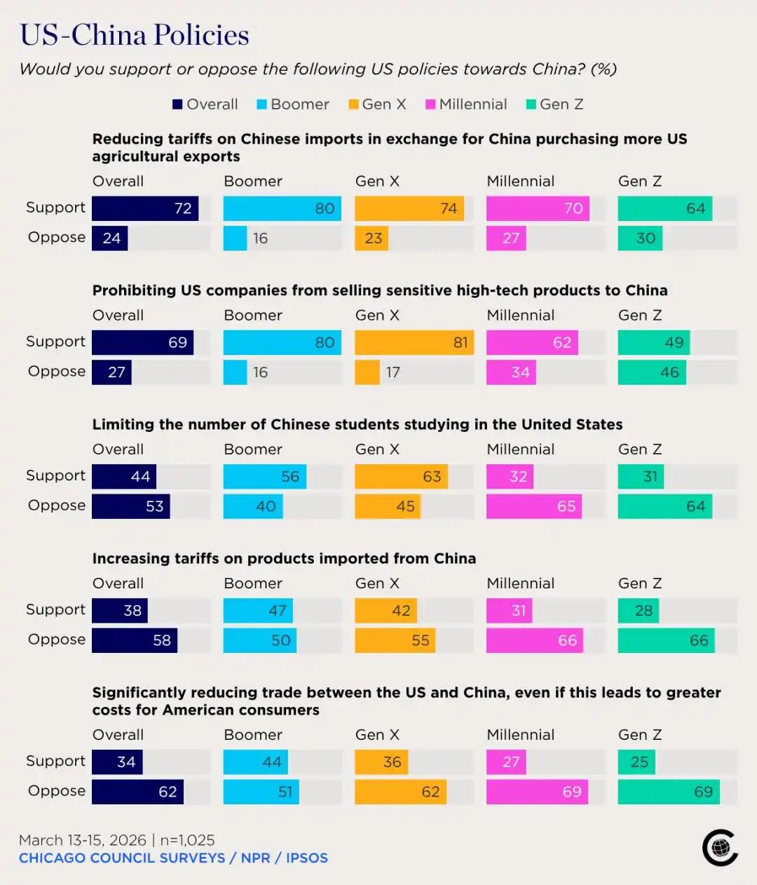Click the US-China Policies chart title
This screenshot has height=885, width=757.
coord(134,34)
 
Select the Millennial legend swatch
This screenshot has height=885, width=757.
coord(430,104)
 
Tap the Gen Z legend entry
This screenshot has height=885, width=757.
coord(554,104)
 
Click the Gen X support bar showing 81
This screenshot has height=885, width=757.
coord(414,342)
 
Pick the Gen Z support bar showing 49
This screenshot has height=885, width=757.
coord(654,342)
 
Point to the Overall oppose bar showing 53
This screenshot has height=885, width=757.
coord(131,506)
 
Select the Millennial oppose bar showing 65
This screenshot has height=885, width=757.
coord(534,506)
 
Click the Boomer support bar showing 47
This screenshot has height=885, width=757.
coord(258,611)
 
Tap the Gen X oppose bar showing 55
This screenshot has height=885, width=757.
coord(395,640)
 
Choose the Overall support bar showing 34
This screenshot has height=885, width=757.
coord(117,762)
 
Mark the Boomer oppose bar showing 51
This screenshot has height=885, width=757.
coord(261,792)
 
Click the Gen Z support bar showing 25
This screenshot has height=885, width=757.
coord(636,762)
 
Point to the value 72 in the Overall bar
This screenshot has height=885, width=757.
coord(183,208)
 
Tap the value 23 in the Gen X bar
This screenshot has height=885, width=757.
coord(373,238)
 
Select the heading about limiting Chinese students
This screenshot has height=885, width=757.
coord(357,424)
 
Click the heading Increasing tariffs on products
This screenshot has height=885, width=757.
coord(284,558)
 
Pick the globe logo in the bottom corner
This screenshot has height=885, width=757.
coord(720,847)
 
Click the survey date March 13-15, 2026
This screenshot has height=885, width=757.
coord(83,840)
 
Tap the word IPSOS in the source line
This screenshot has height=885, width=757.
coord(307,858)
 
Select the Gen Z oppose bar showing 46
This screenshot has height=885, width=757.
coord(652,372)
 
